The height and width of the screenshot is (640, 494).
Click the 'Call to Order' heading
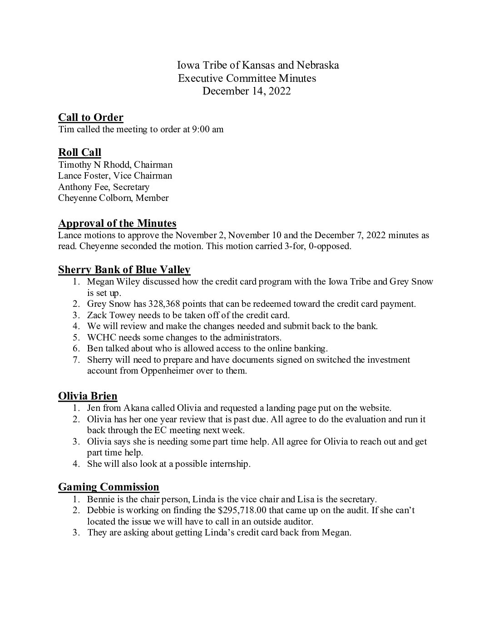point(91,118)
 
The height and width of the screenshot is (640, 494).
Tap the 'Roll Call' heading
point(79,152)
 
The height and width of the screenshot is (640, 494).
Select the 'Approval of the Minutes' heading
point(117,223)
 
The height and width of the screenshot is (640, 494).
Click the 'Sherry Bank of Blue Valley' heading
point(124,270)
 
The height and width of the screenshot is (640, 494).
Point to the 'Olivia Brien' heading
point(88,396)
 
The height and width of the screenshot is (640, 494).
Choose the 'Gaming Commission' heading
point(109,487)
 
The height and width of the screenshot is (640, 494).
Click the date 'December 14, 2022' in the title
point(247,91)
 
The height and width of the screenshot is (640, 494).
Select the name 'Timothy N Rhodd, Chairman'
point(115,165)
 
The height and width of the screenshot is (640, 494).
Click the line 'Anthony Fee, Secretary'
point(104,187)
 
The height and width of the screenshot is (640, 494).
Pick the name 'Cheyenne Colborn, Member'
point(113,198)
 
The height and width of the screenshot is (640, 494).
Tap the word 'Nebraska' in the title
point(318,65)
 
